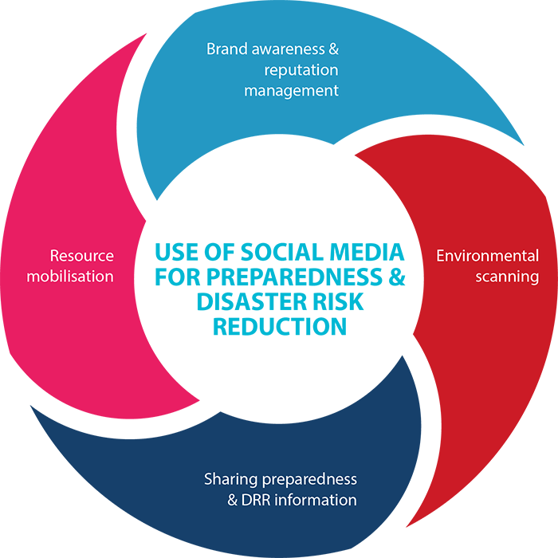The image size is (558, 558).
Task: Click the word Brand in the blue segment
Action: (x=226, y=49)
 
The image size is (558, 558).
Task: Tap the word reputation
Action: (x=301, y=70)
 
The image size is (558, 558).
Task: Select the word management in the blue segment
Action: (x=291, y=91)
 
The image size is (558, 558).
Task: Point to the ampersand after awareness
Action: (x=333, y=49)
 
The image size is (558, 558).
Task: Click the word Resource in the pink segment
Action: (x=81, y=256)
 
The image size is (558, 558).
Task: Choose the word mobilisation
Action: (x=70, y=276)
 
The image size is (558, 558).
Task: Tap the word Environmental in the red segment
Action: (x=488, y=256)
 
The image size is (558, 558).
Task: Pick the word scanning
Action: (x=507, y=277)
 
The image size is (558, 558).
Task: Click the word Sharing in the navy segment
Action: (x=230, y=479)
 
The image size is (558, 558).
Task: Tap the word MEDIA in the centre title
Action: (x=367, y=252)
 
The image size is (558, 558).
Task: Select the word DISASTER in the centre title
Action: (x=251, y=301)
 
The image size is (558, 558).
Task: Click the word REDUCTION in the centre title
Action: (x=280, y=326)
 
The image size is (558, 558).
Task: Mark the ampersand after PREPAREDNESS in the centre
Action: (x=397, y=277)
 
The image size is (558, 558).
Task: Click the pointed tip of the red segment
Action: (x=407, y=527)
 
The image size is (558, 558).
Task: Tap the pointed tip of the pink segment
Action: (x=146, y=33)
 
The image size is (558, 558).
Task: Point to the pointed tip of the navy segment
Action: (x=30, y=405)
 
